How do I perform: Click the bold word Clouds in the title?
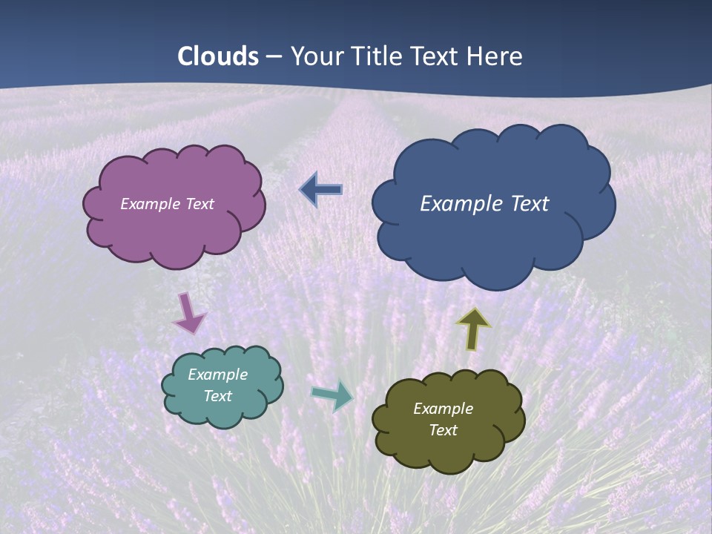pos(218,56)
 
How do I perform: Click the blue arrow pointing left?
pos(321,190)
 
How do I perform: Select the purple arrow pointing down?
pos(189,313)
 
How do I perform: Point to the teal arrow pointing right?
pos(332,395)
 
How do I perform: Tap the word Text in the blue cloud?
pos(530,204)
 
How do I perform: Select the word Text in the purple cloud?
pos(201,204)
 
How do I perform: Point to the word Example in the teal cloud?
pos(217,375)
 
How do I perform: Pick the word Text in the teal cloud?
pos(217,396)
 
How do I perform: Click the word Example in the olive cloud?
pos(443,409)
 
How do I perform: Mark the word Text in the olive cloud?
pos(443,430)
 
